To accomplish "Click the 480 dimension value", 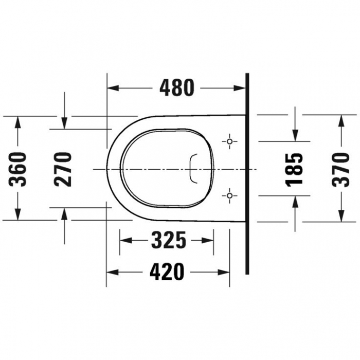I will coord(177,88).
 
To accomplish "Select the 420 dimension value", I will coord(166,272).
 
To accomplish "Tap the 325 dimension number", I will coord(168,240).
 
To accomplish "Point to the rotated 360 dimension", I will coord(19,169).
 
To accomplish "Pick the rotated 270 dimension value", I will coord(63,169).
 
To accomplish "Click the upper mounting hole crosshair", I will coord(230,140).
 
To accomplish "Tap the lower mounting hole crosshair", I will coord(230,195).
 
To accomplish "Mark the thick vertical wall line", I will coord(247,175).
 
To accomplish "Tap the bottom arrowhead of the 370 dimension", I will coord(340,217).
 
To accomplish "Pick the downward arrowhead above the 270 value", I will coord(64,123).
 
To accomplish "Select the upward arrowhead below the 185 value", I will coord(295,201).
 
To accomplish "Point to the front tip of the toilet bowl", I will coord(108,168).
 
